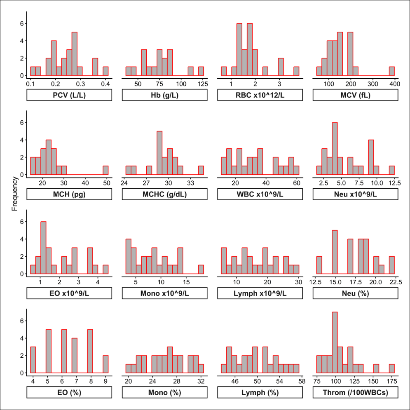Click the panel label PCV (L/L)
(69, 95)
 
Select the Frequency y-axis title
(15, 194)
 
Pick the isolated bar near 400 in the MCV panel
(392, 71)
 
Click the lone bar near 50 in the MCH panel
(105, 170)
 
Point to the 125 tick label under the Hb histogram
(203, 84)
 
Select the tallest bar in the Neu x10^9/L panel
(335, 148)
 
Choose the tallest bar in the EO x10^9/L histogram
(43, 248)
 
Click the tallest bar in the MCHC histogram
(159, 153)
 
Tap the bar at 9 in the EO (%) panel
(105, 364)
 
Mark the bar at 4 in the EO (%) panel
(33, 360)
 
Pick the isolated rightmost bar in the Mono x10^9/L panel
(201, 269)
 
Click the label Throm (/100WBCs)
(355, 392)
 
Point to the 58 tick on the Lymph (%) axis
(302, 381)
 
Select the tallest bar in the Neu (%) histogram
(335, 252)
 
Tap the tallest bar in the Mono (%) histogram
(170, 360)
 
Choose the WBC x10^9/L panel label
(260, 194)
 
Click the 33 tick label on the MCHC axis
(191, 183)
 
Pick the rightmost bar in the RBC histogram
(296, 71)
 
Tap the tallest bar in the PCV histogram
(75, 54)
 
